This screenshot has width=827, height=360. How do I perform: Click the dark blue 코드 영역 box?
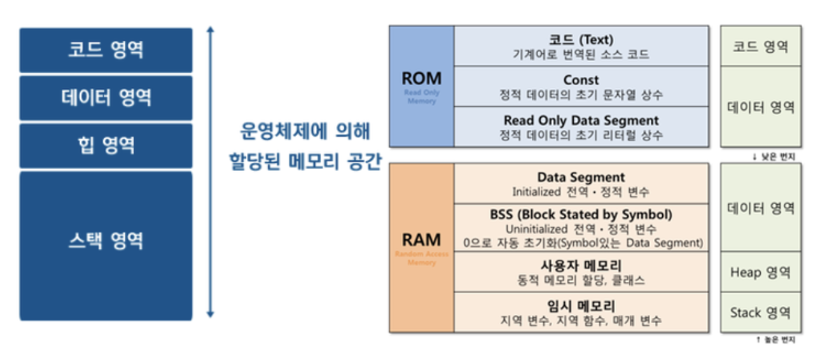pos(106,50)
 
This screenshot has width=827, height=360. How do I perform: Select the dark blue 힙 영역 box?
pos(106,146)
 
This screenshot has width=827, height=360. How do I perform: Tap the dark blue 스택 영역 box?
pos(106,245)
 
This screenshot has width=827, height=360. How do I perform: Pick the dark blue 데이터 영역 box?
pos(106,98)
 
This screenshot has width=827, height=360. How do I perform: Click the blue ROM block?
pos(421,86)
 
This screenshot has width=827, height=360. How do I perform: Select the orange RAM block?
pos(421,247)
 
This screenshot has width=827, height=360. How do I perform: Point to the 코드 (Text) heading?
pos(581,39)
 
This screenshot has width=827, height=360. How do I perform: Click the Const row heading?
pos(581,80)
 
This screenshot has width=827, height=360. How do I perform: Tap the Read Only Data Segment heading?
pos(581,120)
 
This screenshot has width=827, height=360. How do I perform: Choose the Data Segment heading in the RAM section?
pos(581,177)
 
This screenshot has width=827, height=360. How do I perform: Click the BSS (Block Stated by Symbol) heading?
pos(581,214)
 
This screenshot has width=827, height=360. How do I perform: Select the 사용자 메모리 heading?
pos(581,265)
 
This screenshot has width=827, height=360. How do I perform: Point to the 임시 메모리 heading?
pos(581,306)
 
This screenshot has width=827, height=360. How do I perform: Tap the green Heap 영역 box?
pos(760,272)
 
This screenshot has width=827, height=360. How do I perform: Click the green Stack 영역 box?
pos(760,312)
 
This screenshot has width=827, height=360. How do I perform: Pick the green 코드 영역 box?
pos(760,46)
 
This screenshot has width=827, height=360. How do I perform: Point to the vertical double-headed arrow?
pos(211,172)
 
